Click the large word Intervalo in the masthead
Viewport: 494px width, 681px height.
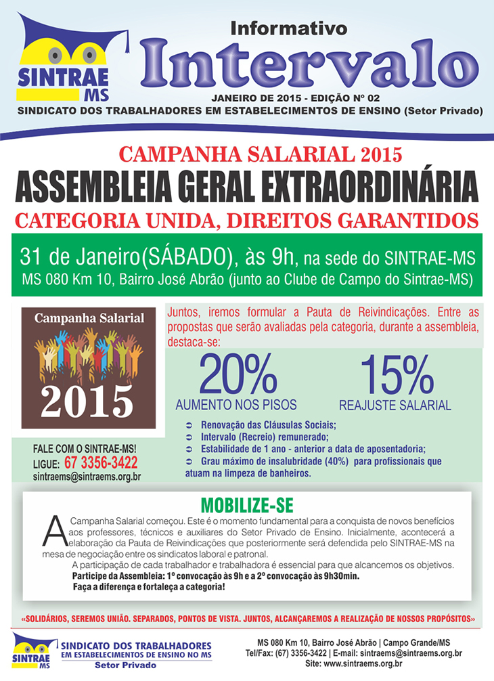(308, 62)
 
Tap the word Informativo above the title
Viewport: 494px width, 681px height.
(289, 28)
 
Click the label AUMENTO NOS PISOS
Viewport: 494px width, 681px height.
(236, 405)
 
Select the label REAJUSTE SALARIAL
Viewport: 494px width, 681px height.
(395, 406)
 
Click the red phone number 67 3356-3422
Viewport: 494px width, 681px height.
(101, 463)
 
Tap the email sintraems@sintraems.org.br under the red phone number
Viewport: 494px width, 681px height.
(87, 477)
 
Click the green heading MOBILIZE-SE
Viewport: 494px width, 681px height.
(246, 507)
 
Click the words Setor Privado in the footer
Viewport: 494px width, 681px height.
(125, 665)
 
